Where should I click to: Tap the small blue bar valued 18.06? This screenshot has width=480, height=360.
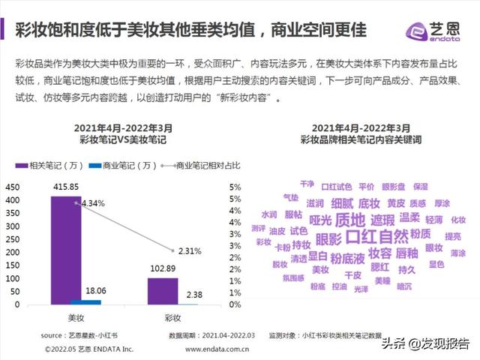coord(91,302)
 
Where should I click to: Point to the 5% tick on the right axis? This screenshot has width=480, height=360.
coord(235,187)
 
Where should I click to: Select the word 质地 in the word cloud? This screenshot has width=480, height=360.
coord(349,220)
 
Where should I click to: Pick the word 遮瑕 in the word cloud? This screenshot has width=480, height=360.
coord(382,220)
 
